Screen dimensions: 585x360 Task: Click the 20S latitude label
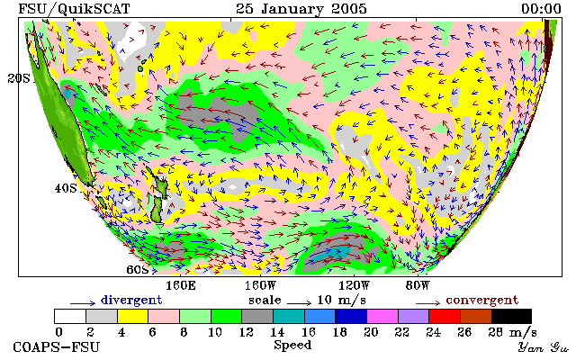pos(19,78)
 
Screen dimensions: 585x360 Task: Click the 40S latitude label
pos(66,188)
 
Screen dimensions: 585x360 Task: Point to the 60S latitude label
pos(138,269)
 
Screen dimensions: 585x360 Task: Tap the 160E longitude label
pos(181,286)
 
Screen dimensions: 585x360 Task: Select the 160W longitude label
pos(260,286)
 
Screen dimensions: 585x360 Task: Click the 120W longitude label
pos(354,286)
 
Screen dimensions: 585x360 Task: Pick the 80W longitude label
pos(418,286)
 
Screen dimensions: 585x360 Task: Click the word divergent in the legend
pos(131,300)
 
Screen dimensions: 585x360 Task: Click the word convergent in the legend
pos(482,300)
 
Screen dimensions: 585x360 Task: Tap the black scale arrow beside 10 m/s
pos(299,303)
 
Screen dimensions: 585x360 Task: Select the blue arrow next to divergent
pos(83,303)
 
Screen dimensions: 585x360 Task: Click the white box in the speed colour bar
pos(70,316)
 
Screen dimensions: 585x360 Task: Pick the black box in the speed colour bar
pos(511,316)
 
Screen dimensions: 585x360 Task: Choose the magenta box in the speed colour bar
pos(382,316)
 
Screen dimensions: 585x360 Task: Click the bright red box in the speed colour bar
pos(445,316)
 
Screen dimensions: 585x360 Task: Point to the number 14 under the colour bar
pos(277,331)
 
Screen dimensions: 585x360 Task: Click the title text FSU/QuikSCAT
pos(74,9)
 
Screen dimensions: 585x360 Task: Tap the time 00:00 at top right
pos(541,9)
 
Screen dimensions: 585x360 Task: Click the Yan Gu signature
pos(543,347)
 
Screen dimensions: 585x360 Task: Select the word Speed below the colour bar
pos(292,345)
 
